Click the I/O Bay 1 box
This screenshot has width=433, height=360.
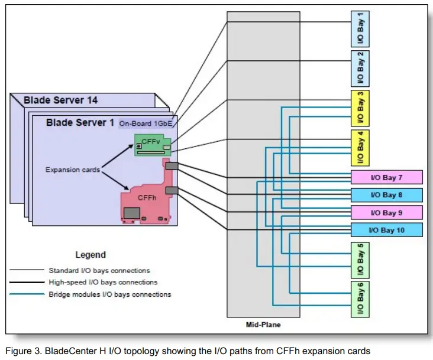coord(360,28)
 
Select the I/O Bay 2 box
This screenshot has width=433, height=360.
coord(360,68)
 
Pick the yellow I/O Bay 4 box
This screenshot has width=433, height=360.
coord(360,148)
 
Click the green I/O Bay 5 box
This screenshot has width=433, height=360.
coord(360,260)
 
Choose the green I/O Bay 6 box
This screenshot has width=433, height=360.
coord(360,299)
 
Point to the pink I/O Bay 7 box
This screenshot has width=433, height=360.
coord(387,177)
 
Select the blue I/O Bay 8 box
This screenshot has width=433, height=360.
coord(387,194)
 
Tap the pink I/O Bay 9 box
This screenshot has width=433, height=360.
coord(387,212)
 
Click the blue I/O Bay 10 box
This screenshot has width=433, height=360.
coord(387,230)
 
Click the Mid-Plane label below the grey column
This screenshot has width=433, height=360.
coord(263,325)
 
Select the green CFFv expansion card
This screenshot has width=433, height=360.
coord(153,145)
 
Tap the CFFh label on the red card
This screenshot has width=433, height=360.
coord(147,198)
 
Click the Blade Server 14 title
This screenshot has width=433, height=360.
coord(61,100)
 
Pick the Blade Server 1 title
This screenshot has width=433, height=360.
coord(81,122)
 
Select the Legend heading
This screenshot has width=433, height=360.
coord(90,255)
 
